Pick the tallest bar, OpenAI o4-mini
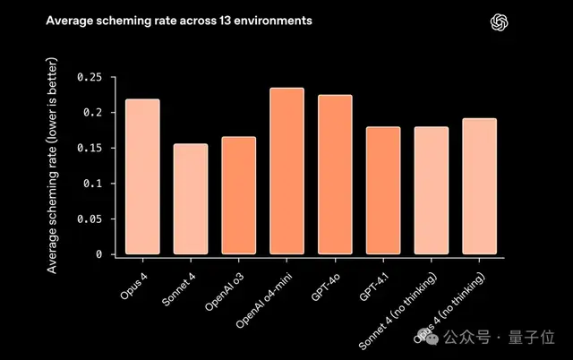pyautogui.click(x=286, y=171)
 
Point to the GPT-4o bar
pyautogui.click(x=334, y=175)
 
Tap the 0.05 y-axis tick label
pyautogui.click(x=91, y=219)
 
